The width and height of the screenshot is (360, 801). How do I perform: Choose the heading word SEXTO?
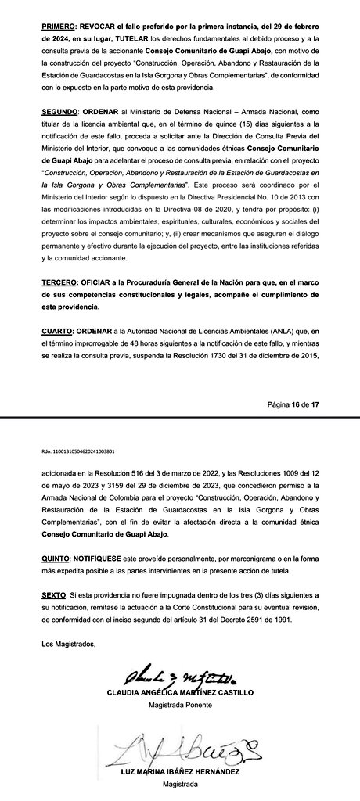click(55, 595)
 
